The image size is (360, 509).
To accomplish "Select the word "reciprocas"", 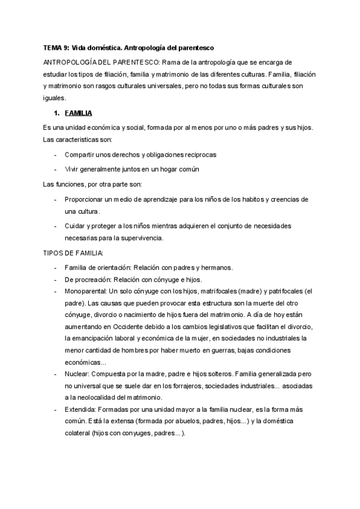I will [196, 154].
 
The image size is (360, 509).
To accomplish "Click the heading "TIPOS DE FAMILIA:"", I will [70, 253].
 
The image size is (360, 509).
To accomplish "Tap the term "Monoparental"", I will [81, 291].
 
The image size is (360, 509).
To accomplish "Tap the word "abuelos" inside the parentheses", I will [174, 421].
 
